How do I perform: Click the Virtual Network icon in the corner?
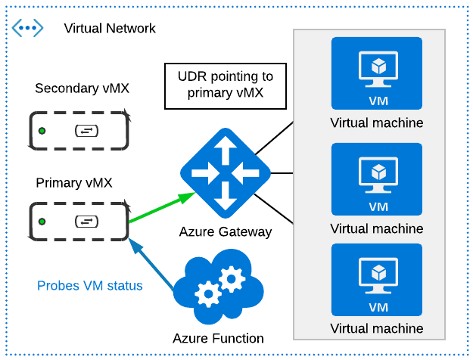coord(28,29)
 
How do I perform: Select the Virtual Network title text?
coord(110,29)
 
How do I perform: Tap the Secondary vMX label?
coord(82,88)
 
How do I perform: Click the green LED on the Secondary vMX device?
coord(42,132)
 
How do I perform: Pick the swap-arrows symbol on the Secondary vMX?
coord(86,132)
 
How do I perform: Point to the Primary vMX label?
coord(74,182)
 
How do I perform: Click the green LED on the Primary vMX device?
coord(42,222)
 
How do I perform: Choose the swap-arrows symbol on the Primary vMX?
coord(86,222)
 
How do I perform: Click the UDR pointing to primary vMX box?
coord(225,86)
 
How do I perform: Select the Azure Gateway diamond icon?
coord(225,174)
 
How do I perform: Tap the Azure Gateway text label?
coord(225,232)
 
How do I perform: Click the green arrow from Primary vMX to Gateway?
coord(159,209)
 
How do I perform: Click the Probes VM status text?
coord(90,286)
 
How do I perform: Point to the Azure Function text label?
coord(218,338)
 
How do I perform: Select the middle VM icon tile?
coord(376,178)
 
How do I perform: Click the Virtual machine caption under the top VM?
coord(376,123)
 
